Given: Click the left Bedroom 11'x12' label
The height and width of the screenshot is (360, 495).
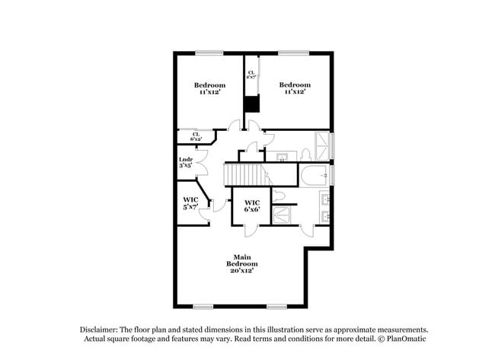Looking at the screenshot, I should tap(209, 88).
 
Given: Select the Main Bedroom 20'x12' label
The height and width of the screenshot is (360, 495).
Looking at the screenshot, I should tap(241, 265).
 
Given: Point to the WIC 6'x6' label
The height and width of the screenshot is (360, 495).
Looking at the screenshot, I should tap(251, 205).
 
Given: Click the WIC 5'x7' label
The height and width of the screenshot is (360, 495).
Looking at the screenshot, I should tap(190, 203).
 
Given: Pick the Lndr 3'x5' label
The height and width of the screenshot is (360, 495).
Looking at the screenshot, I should tap(185, 161).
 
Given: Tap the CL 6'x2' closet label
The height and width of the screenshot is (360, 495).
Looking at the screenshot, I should tap(196, 137).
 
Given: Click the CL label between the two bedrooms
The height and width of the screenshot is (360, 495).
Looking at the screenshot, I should tap(251, 75).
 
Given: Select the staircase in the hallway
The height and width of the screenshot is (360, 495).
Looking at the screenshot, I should tap(244, 174).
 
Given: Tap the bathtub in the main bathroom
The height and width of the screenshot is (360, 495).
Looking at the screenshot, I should tap(313, 174).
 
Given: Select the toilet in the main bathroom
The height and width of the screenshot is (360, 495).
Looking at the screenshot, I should tap(280, 196).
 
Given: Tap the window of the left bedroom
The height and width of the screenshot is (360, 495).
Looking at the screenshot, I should tap(205, 53).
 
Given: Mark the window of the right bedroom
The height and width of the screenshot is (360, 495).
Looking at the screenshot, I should tap(287, 53).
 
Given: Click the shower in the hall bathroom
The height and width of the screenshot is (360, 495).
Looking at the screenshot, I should tap(324, 146).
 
